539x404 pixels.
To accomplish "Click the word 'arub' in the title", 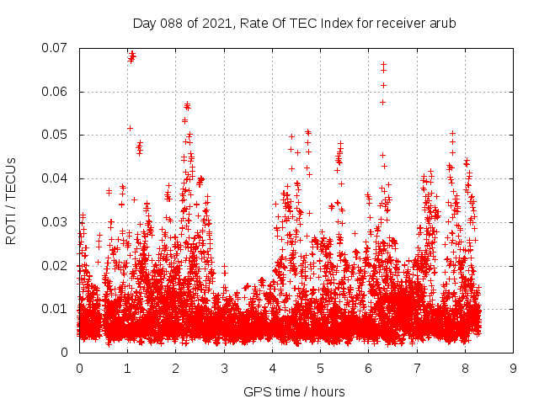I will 441,24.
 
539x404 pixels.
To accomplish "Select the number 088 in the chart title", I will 171,24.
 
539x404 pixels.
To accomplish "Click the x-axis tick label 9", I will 513,369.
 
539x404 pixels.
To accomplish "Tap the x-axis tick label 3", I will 224,369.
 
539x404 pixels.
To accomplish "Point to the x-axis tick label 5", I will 320,369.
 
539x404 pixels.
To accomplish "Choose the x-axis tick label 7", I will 417,369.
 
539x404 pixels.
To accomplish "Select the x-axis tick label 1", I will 127,369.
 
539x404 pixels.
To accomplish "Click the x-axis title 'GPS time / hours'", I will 294,391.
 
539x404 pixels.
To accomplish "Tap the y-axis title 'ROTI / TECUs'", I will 12,200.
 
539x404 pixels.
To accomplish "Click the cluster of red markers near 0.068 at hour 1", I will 131,56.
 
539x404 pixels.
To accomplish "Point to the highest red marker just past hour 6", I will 383,64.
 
